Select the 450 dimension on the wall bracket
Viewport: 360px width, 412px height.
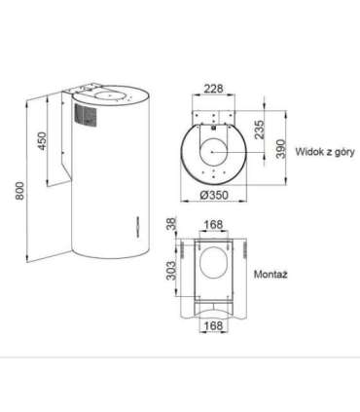tap(41, 142)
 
